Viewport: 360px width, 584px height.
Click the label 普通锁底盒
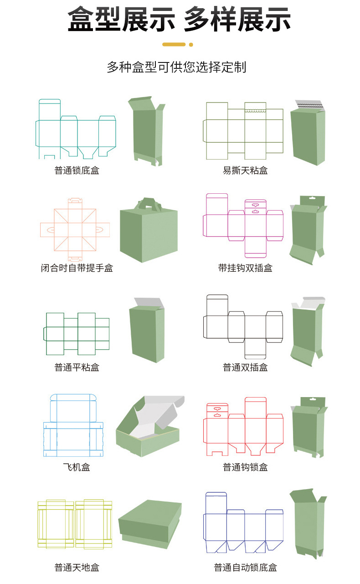[77, 171]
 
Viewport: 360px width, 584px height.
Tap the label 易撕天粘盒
[245, 171]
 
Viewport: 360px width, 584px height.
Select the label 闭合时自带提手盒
[77, 268]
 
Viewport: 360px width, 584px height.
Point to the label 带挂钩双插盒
[245, 268]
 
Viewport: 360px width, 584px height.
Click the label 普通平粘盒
[77, 367]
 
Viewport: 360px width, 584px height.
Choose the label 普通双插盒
[245, 367]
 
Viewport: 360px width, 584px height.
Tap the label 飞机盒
[77, 467]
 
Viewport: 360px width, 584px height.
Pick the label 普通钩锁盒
[245, 467]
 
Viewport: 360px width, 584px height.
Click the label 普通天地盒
[77, 568]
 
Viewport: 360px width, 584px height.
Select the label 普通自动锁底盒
[245, 568]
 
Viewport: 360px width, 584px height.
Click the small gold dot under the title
[191, 45]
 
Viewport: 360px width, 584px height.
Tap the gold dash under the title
[174, 45]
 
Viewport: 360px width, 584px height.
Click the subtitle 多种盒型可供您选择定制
[176, 67]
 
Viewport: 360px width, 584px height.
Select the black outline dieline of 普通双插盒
[243, 326]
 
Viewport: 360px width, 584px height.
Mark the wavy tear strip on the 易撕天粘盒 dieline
[255, 110]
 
